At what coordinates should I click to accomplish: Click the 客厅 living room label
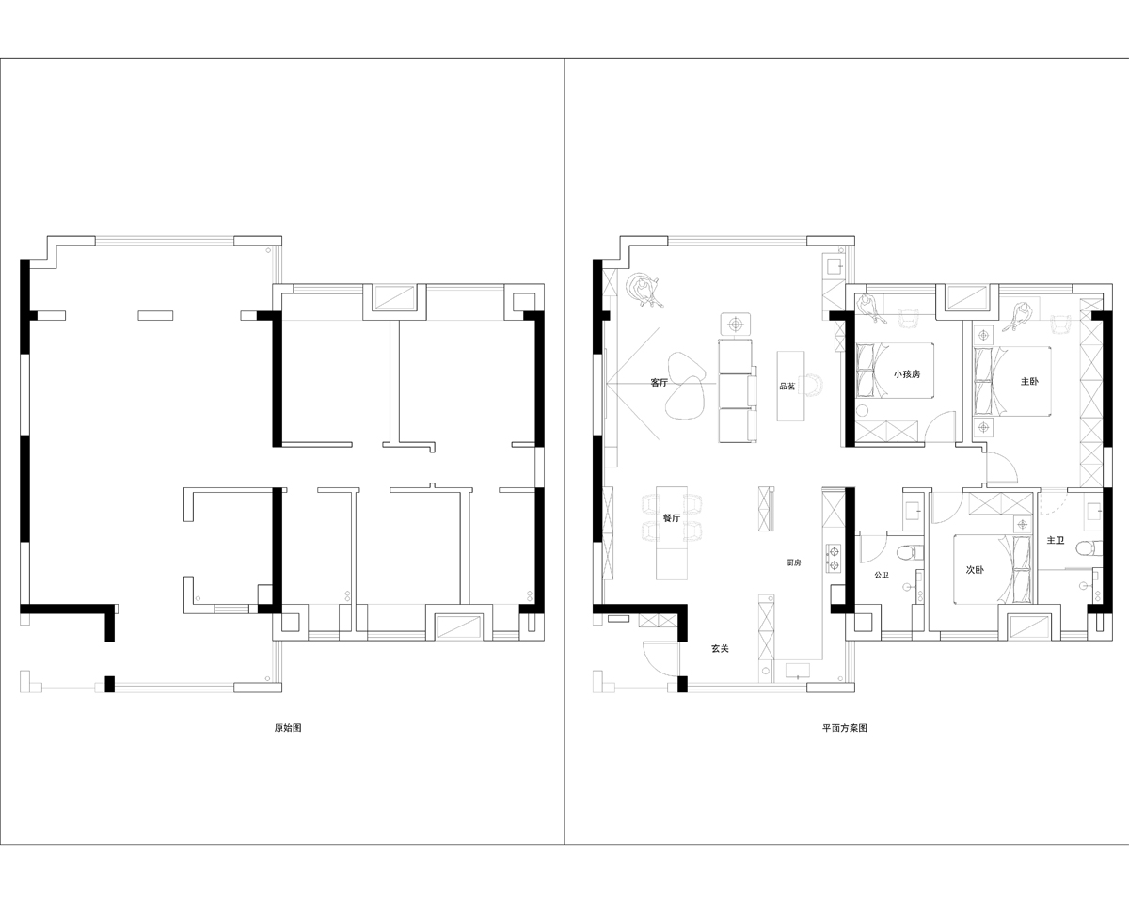(659, 383)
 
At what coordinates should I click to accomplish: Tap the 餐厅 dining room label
(672, 518)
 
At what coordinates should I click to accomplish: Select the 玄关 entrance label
(720, 648)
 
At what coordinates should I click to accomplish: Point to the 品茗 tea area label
(787, 387)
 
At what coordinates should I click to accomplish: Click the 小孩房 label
(907, 374)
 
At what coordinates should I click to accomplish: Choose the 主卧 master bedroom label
(1029, 382)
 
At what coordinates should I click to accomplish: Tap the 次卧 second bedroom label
(975, 569)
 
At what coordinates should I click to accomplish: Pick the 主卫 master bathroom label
(1055, 540)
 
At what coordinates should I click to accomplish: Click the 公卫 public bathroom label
(882, 575)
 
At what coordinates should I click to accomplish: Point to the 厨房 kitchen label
(793, 562)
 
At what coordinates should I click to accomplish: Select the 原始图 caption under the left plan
(288, 728)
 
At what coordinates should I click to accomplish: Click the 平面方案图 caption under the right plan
(845, 728)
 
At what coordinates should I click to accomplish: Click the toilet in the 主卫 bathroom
(1089, 548)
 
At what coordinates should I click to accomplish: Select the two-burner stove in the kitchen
(834, 558)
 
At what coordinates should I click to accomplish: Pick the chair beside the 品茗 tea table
(812, 386)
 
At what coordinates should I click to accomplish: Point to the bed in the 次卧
(995, 569)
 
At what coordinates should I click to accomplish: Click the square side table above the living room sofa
(736, 325)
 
